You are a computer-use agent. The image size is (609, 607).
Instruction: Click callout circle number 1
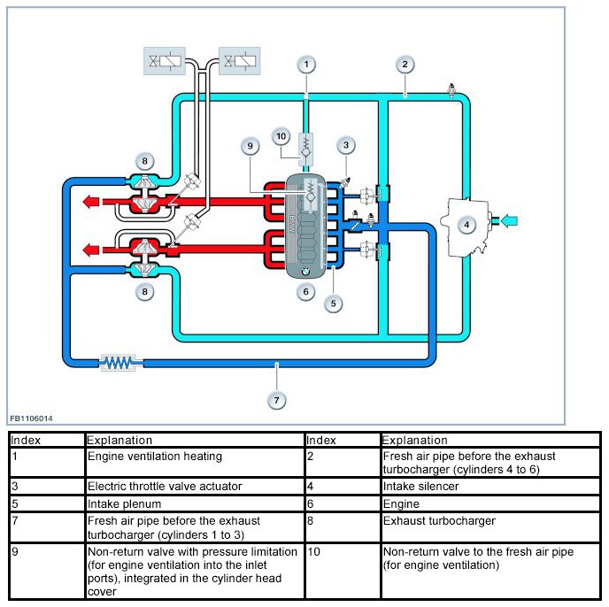(306, 65)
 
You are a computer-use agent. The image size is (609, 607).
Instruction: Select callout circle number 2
(405, 65)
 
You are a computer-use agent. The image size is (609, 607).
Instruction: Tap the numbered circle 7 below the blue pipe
(276, 401)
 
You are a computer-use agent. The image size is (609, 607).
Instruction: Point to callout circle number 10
(281, 136)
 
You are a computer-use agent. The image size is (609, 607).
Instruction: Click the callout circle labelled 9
(251, 146)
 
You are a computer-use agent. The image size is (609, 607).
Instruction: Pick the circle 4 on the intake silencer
(466, 225)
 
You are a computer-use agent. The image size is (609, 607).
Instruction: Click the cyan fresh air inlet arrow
(509, 221)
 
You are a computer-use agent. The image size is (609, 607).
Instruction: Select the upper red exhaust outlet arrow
(92, 202)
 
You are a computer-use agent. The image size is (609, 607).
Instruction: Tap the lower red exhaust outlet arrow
(92, 249)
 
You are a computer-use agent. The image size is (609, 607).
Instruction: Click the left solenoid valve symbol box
(165, 61)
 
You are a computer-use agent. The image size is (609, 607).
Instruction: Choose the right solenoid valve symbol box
(240, 61)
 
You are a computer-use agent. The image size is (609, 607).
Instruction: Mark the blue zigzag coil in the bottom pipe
(118, 363)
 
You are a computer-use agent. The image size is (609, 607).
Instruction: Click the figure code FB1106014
(31, 419)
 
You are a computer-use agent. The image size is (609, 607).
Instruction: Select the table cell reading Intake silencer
(490, 487)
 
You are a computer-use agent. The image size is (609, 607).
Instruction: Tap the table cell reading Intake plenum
(195, 503)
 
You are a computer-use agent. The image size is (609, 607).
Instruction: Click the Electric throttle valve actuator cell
(195, 487)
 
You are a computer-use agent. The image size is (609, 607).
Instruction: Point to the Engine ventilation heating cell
(195, 463)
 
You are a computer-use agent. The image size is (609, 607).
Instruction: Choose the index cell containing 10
(343, 571)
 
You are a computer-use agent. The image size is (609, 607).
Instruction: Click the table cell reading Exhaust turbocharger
(490, 527)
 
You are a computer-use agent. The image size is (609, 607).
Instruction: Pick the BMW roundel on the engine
(305, 273)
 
